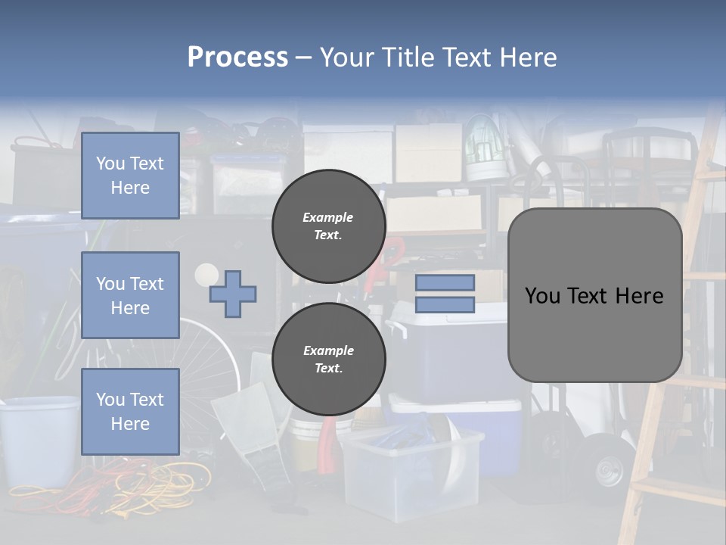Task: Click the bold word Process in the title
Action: point(237,57)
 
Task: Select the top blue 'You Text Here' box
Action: point(130,176)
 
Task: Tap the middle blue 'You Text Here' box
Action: point(130,295)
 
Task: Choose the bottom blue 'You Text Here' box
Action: point(130,411)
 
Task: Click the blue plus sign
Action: point(233,294)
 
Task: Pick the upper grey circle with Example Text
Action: point(328,226)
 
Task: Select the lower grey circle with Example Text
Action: point(328,359)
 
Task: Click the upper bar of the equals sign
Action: point(445,282)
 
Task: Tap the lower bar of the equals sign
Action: point(445,304)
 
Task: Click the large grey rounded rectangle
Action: point(594,295)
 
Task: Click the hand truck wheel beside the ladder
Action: point(605,466)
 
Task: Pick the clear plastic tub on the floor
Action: point(412,469)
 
